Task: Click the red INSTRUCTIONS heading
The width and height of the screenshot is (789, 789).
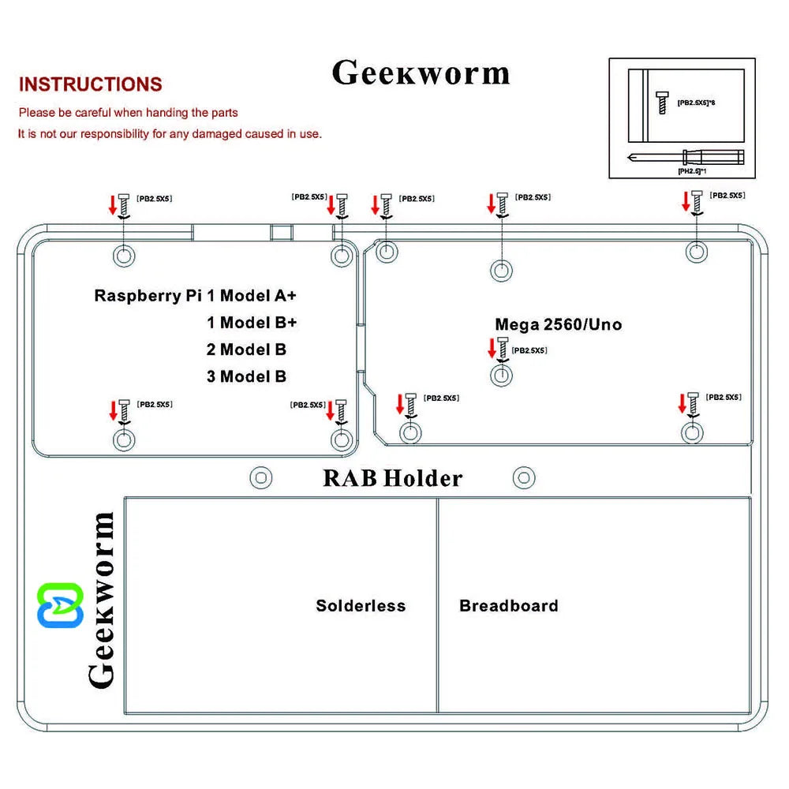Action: [90, 84]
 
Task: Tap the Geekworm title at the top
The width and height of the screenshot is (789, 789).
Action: [421, 73]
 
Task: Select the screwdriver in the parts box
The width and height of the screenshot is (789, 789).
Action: [686, 156]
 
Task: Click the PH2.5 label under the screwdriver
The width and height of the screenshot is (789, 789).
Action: [692, 170]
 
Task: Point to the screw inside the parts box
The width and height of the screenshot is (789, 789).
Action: [662, 102]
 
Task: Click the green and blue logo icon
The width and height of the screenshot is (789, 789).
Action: [61, 605]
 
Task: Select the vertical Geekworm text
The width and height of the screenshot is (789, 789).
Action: [101, 600]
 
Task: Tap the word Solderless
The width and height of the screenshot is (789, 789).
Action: [361, 606]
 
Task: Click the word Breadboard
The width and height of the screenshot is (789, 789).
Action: [508, 606]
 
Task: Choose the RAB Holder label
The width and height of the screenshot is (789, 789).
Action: [392, 478]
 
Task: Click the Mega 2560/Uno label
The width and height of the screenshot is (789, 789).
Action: [558, 324]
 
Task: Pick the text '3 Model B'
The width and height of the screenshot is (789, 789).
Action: [246, 376]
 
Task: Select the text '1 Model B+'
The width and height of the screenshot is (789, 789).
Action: [252, 322]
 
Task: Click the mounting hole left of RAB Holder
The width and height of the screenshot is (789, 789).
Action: [260, 477]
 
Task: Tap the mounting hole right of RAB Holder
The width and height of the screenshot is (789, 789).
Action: [523, 477]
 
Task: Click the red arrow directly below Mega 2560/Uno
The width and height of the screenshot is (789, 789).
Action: [492, 347]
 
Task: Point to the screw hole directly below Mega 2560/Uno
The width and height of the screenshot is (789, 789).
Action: [501, 375]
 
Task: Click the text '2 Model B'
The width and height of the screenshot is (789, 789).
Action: [246, 350]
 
